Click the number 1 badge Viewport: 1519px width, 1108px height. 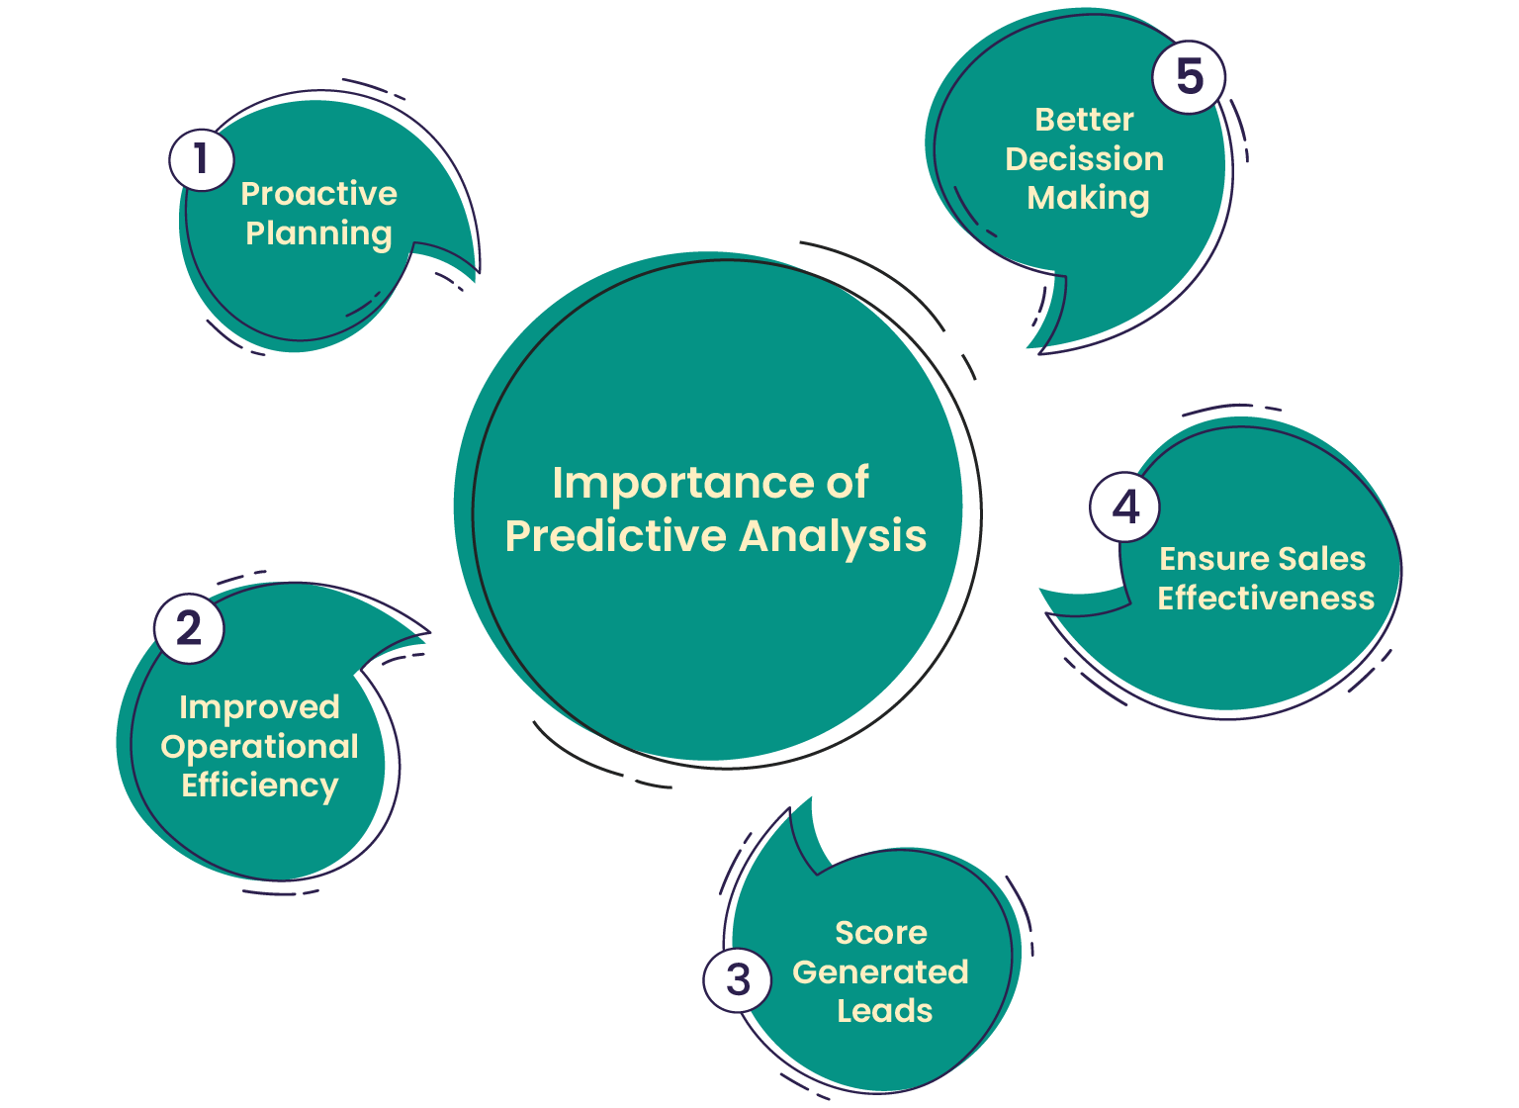tap(202, 159)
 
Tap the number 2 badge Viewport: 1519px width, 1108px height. tap(189, 628)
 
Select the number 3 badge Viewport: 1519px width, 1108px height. tap(738, 979)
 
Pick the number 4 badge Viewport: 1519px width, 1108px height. tap(1125, 508)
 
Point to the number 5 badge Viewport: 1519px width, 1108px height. tap(1189, 77)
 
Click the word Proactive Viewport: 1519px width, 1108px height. tap(318, 194)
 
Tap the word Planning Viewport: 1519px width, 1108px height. tap(318, 234)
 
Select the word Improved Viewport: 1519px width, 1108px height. tap(259, 707)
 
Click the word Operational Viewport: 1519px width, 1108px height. tap(259, 747)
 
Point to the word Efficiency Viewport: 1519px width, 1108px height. tap(259, 785)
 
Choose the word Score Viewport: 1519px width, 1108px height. tap(881, 933)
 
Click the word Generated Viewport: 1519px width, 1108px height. tap(880, 972)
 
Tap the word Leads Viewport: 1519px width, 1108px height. tap(884, 1011)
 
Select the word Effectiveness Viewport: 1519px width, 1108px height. tap(1266, 599)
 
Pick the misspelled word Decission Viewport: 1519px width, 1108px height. tap(1084, 159)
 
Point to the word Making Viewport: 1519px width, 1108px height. tap(1088, 199)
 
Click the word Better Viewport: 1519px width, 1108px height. tap(1084, 120)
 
